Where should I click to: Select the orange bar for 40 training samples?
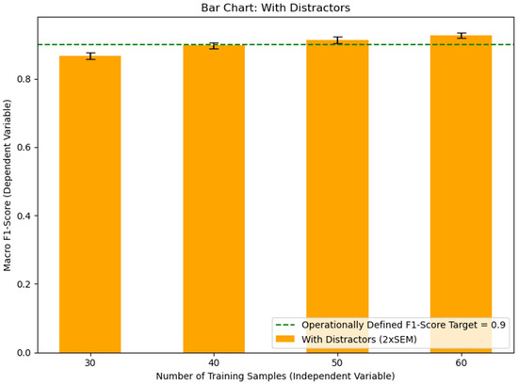pos(213,199)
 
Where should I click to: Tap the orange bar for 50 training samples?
pos(337,188)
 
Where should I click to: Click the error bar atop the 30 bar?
pos(89,56)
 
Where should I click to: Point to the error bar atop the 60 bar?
pos(461,36)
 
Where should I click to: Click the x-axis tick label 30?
pos(89,362)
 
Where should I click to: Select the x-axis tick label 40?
pos(213,362)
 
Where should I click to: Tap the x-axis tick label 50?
pos(337,362)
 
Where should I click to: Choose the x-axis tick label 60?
pos(461,362)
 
